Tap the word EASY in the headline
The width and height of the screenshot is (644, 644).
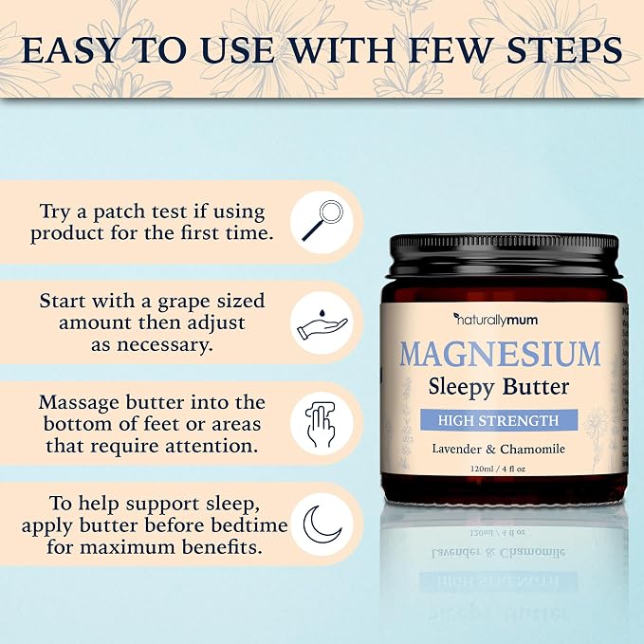[x=69, y=50]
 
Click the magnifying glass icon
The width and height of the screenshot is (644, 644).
[x=322, y=220]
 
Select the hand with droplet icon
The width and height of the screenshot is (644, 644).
[x=322, y=324]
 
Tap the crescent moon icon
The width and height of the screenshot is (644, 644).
[x=322, y=524]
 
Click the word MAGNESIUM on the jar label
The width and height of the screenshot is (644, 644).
[x=500, y=354]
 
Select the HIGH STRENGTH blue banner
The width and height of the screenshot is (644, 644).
[x=499, y=420]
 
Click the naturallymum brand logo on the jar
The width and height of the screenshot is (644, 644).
[x=495, y=320]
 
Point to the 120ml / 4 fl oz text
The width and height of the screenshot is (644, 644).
[x=498, y=469]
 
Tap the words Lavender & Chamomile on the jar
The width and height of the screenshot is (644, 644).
[x=499, y=449]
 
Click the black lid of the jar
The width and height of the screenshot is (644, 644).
[x=504, y=255]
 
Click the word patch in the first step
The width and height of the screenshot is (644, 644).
[x=120, y=212]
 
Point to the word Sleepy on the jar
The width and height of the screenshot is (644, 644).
[x=462, y=388]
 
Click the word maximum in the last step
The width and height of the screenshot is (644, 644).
[x=122, y=547]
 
